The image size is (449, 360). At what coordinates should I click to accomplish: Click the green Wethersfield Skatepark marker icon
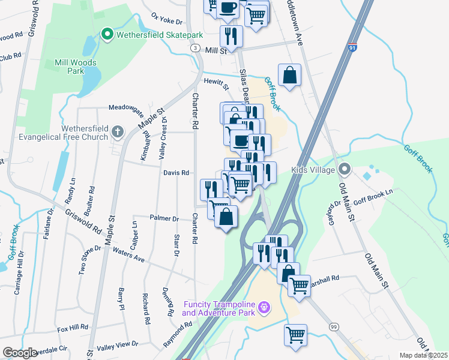[107, 35]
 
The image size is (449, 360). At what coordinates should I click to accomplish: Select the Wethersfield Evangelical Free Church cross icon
[118, 131]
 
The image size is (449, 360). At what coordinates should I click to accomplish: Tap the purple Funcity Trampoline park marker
[264, 308]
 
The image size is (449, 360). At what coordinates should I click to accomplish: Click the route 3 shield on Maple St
[195, 47]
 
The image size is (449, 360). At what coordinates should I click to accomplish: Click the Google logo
[20, 353]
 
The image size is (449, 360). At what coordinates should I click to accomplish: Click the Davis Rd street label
[176, 173]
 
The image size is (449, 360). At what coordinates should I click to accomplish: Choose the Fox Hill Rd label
[72, 328]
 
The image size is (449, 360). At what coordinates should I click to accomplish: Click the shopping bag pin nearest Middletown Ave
[289, 76]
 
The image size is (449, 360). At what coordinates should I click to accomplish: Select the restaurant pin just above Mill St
[231, 36]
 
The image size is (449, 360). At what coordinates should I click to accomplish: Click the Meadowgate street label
[127, 108]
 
